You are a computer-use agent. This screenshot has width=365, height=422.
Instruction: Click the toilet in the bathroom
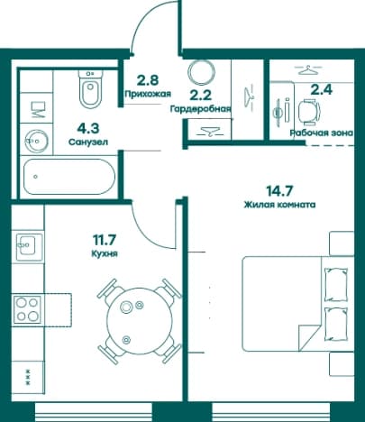(90, 87)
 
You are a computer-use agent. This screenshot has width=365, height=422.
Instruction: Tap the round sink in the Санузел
(37, 141)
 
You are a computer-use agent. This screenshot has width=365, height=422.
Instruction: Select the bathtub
(69, 177)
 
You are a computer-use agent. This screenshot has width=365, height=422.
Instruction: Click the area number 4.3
(88, 129)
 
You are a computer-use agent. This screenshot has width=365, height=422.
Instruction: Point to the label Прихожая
(148, 94)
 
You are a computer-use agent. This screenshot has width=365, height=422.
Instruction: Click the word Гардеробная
(200, 108)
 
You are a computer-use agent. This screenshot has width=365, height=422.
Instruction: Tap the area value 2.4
(322, 89)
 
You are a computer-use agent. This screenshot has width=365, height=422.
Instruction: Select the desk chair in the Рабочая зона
(309, 112)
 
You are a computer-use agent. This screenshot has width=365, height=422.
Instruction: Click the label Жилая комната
(279, 205)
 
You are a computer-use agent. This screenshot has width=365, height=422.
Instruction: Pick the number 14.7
(279, 190)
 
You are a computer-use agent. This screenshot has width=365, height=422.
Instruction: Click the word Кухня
(105, 253)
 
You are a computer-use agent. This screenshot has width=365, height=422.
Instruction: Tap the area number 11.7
(105, 240)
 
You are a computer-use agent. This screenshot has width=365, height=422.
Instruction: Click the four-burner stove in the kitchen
(28, 309)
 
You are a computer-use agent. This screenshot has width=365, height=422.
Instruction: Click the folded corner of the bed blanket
(309, 337)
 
